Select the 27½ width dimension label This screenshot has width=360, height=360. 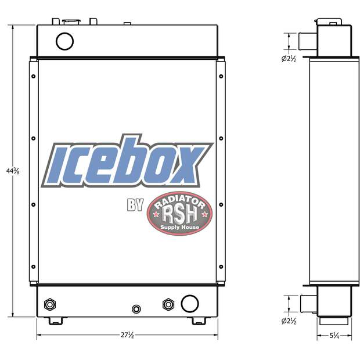(127, 336)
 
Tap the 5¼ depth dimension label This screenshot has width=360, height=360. (336, 336)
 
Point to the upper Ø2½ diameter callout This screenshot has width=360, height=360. (289, 58)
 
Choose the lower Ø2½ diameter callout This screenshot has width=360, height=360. (289, 321)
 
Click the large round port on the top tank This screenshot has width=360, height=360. (64, 40)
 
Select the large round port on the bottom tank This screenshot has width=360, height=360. (189, 303)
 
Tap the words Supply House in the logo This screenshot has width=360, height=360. (179, 227)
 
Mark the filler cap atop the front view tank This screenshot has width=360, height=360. (73, 21)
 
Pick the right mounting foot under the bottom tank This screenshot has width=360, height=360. (199, 321)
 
